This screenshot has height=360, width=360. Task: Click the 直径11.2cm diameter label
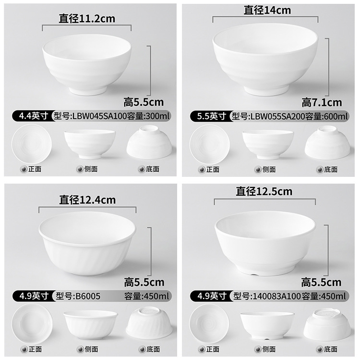point(87,19)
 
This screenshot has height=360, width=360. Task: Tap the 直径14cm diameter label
point(267,10)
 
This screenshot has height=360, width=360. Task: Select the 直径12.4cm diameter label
point(87,199)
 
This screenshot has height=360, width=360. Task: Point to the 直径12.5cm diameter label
point(264,191)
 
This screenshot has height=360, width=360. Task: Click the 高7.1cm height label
point(322,102)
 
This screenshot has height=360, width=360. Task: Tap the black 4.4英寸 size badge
point(29,116)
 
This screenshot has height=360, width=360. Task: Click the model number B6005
point(88,296)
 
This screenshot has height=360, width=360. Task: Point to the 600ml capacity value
point(338,116)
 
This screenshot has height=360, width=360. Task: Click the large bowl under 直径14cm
point(265,61)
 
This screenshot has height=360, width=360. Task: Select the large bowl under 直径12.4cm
point(87,243)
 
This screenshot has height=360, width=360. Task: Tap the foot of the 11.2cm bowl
point(88,90)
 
